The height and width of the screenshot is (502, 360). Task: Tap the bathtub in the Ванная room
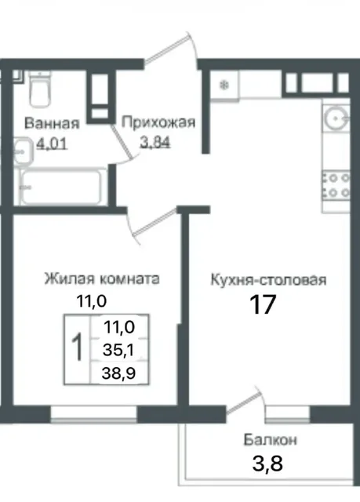click(61, 187)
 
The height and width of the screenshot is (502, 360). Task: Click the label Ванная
click(52, 124)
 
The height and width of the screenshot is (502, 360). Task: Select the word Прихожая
click(158, 122)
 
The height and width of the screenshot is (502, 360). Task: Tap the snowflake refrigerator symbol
click(224, 85)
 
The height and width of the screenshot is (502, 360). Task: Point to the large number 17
click(264, 305)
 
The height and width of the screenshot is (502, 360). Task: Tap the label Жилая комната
click(103, 279)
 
